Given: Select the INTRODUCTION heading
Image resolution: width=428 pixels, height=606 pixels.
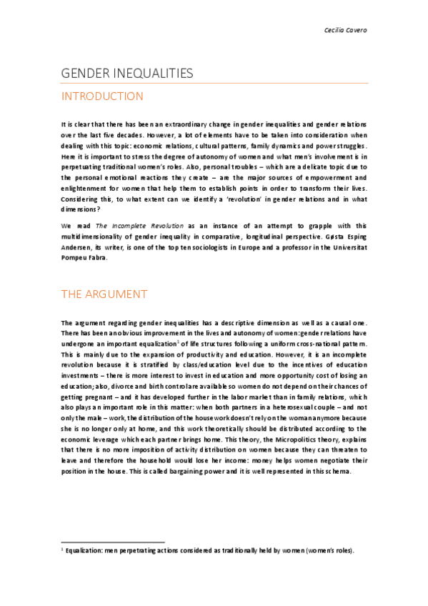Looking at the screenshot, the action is (102, 96).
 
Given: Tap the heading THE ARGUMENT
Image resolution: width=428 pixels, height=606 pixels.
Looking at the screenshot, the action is (104, 294).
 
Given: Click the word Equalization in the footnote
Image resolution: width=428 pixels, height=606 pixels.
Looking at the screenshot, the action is (89, 550).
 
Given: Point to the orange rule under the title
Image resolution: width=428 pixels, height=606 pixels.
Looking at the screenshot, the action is (214, 84).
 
